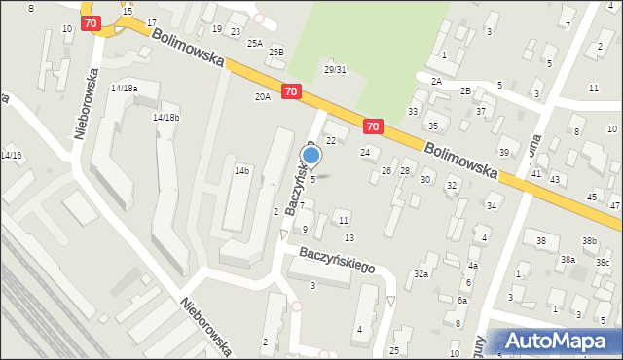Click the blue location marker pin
311,156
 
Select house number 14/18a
124,89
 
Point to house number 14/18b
165,117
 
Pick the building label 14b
241,170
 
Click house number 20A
263,97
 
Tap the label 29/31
335,70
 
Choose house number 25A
255,43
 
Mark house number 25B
276,52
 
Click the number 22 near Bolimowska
331,141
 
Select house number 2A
436,82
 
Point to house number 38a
568,260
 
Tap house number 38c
603,262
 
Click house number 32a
421,274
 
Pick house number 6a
463,301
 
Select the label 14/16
11,156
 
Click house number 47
614,206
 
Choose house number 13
349,238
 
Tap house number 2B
465,90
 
